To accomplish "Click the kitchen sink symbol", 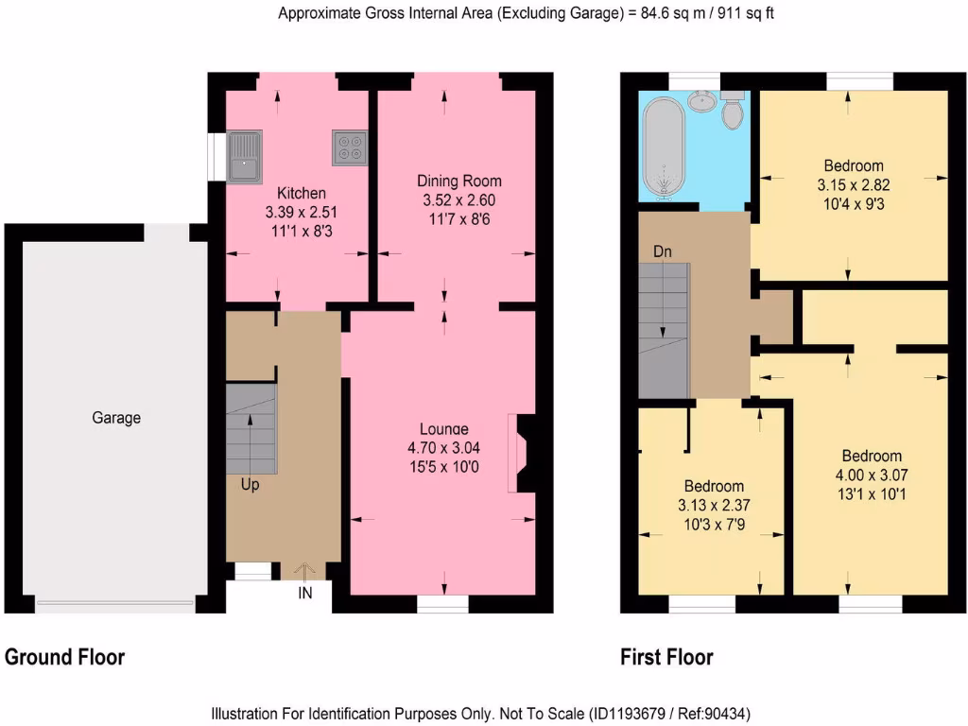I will tap(245, 156).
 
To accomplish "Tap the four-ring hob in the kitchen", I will tap(349, 148).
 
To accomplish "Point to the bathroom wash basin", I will tap(700, 99).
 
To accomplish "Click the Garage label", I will tap(116, 418).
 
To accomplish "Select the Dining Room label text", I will tap(459, 181).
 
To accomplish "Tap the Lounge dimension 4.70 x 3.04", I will tap(444, 447).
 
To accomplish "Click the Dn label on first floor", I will tap(664, 252).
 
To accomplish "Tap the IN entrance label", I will tap(305, 594).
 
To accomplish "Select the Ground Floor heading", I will tap(65, 657).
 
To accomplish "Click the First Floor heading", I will tap(666, 657).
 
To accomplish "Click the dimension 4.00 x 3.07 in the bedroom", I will tap(872, 475).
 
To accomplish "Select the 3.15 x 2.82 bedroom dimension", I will tap(853, 184).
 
